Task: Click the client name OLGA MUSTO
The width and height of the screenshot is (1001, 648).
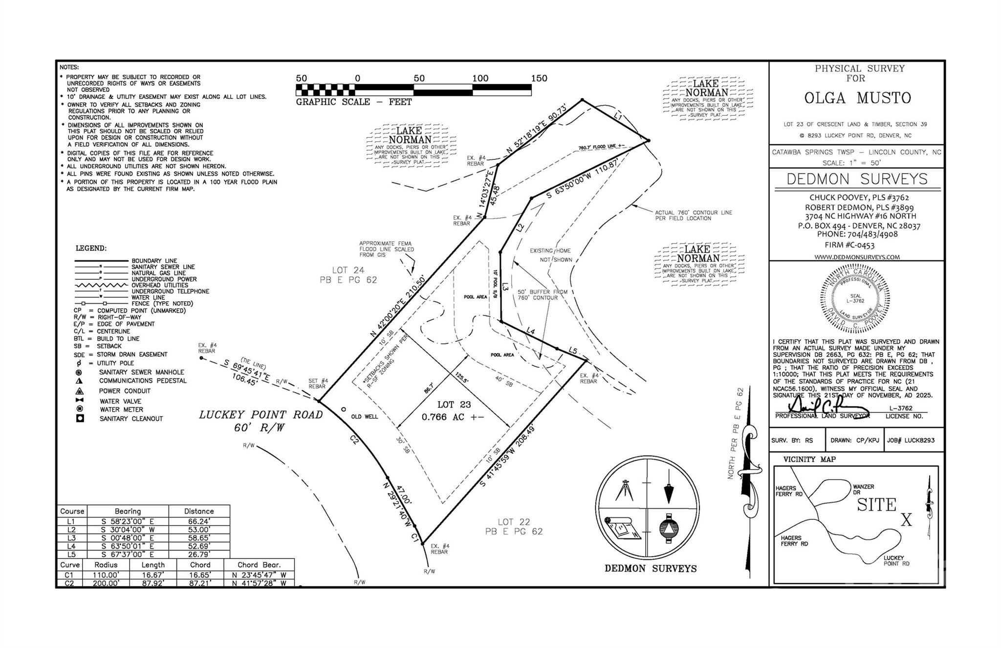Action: pos(857,98)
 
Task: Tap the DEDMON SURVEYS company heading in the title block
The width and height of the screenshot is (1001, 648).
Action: pos(857,179)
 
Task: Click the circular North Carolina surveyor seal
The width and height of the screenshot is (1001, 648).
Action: pos(855,298)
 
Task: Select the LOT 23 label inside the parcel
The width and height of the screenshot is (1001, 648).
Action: pos(454,404)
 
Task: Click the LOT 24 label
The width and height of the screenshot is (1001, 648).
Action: pos(348,270)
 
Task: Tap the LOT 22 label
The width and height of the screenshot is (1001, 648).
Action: pos(514,522)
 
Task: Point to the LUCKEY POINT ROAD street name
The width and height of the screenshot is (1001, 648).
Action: pos(261,415)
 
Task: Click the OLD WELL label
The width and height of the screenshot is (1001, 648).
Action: pos(365,417)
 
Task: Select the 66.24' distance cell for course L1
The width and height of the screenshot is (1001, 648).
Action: pos(199,521)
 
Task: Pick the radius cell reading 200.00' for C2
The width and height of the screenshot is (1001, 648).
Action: pos(106,583)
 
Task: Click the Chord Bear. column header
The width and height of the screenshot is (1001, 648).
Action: pos(259,564)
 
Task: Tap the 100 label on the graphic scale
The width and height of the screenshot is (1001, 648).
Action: pos(480,78)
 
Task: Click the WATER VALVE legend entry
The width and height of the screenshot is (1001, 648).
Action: pos(120,402)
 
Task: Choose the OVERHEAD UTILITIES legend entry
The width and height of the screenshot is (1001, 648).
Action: pos(159,285)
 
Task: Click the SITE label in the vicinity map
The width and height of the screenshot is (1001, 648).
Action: pos(876,505)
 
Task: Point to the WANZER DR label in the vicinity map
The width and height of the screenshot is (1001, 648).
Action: pos(863,490)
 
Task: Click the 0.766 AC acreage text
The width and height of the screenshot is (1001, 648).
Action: pos(453,417)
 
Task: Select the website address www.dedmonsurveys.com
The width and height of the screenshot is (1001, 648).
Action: pos(857,257)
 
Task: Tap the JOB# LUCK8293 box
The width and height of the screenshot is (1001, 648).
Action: pos(911,440)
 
